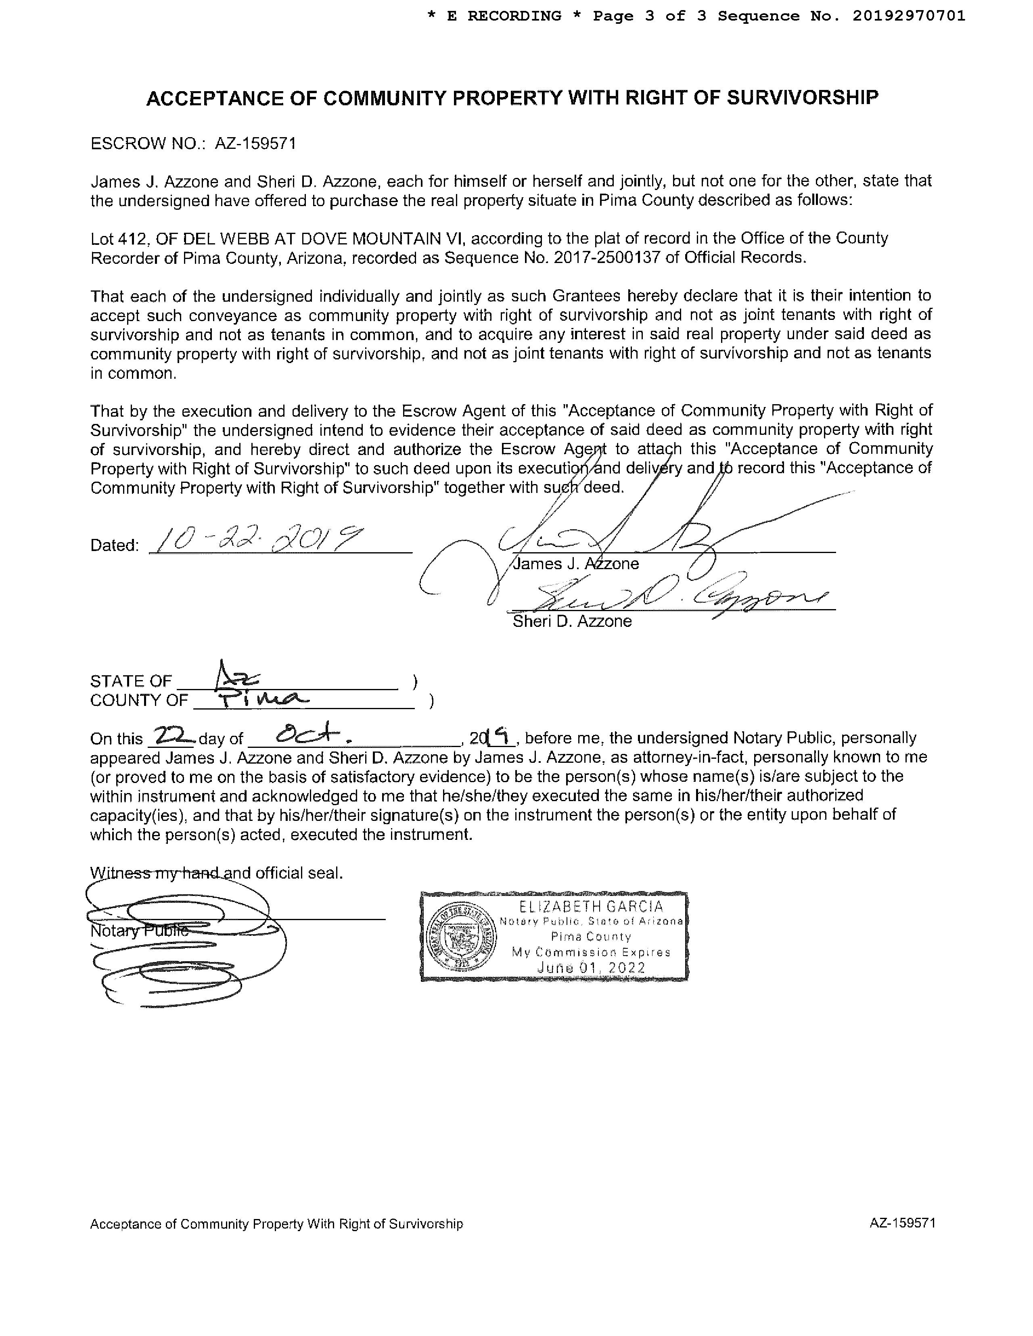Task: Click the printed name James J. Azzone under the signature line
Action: point(576,564)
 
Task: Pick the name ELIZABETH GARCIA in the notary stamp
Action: point(591,906)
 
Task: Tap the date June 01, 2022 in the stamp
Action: point(591,968)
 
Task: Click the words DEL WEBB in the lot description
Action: point(210,238)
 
